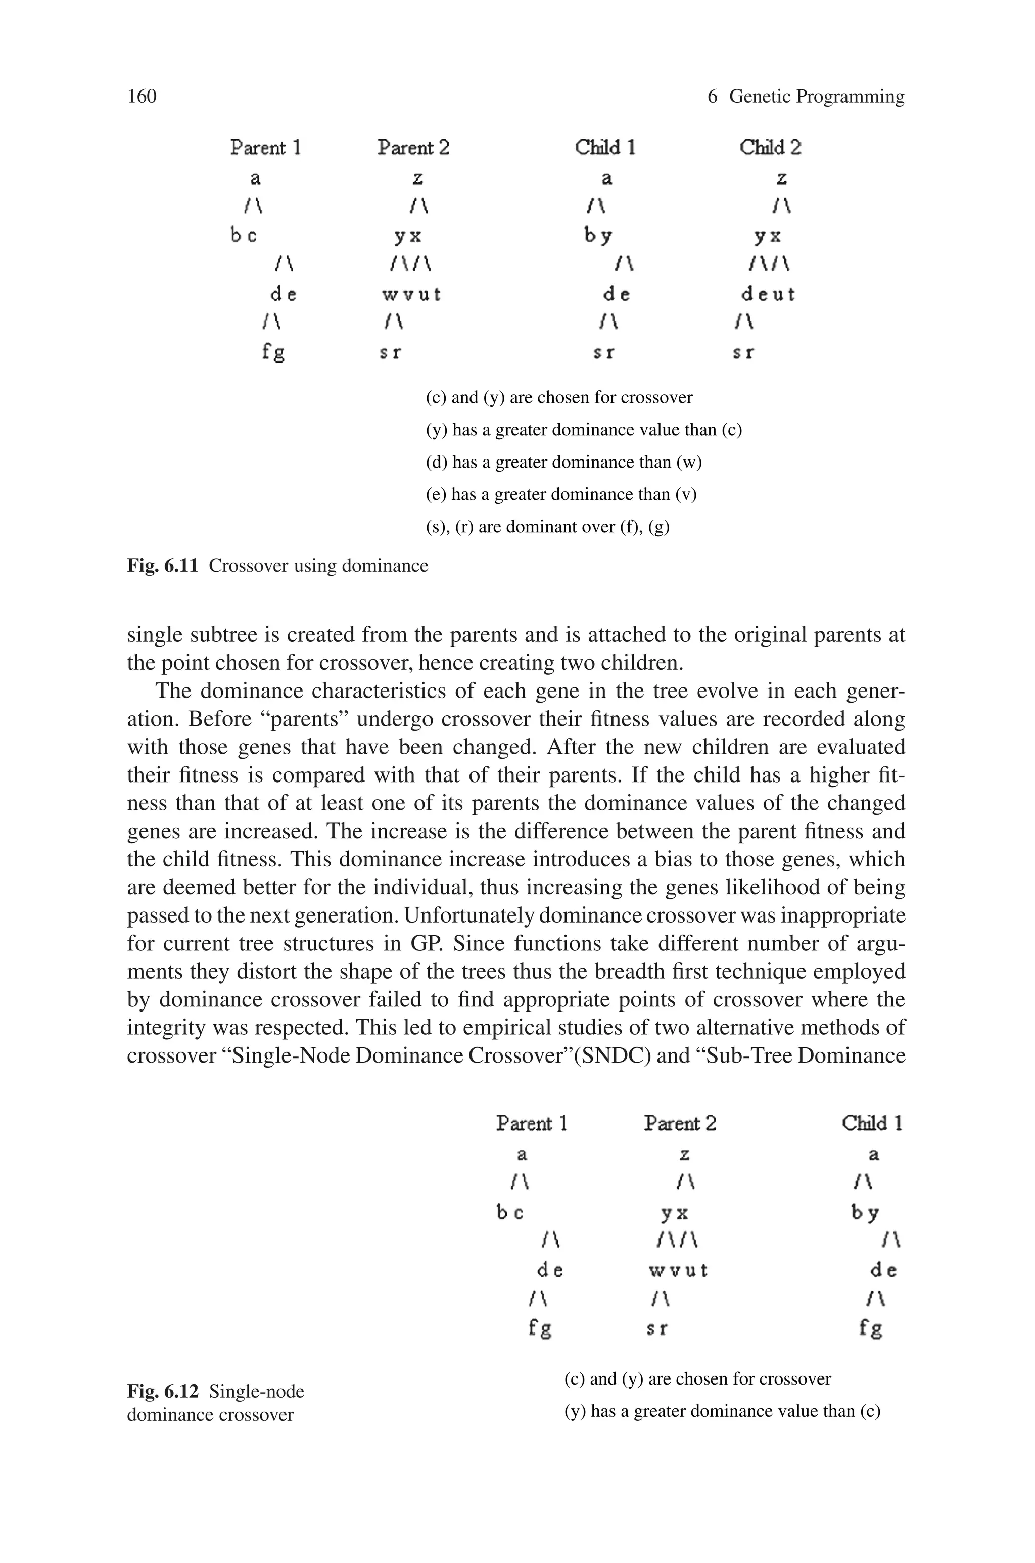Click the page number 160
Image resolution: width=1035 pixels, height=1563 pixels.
(x=142, y=97)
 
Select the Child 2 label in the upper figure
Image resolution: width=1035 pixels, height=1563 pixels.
(x=770, y=147)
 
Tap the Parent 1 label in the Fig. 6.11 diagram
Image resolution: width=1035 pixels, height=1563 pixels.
(x=265, y=147)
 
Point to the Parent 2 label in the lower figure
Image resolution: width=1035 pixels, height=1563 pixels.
(x=680, y=1123)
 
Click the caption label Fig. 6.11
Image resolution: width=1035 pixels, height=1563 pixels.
(x=162, y=566)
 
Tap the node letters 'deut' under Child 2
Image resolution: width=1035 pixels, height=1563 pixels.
(x=768, y=294)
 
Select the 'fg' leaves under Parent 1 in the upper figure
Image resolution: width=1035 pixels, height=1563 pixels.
(x=273, y=352)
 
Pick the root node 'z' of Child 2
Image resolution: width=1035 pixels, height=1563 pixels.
(x=781, y=178)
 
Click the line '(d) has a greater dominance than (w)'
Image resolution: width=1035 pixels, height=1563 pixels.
(x=563, y=462)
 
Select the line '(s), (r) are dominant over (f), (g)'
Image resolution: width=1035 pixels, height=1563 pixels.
(x=547, y=527)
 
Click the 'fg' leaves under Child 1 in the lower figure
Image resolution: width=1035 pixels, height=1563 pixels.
(x=871, y=1327)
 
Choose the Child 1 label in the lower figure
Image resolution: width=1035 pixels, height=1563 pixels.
(x=871, y=1123)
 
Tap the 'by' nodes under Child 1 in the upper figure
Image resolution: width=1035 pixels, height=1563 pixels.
(x=598, y=236)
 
